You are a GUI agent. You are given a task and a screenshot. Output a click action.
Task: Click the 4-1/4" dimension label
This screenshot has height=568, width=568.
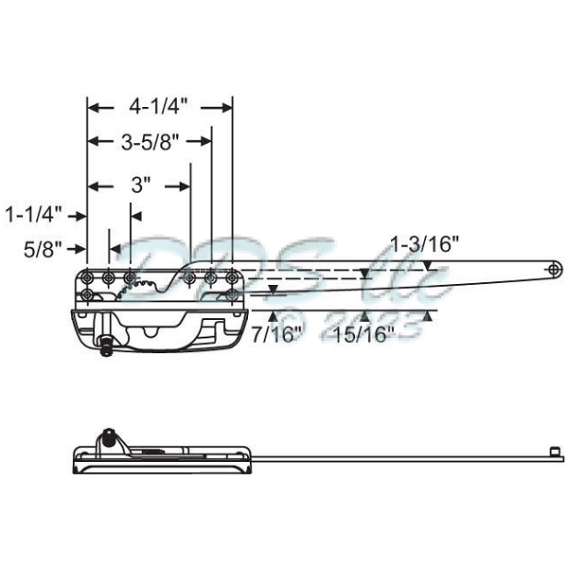tap(159, 107)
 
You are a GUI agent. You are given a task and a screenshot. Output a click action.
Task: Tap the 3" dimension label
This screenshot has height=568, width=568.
tap(141, 186)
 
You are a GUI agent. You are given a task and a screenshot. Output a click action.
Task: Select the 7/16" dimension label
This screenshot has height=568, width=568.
tap(278, 333)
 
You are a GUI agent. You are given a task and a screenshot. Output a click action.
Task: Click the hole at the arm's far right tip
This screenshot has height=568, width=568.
tap(552, 270)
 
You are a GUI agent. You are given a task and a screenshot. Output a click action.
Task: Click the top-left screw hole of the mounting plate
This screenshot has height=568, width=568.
tap(88, 276)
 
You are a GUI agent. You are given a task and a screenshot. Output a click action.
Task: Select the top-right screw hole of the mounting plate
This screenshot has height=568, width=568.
tap(232, 276)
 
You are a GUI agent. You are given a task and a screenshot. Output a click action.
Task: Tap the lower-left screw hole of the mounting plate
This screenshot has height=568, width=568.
tap(88, 295)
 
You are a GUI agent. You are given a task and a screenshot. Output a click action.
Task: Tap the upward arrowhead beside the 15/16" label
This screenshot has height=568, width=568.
tap(428, 317)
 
